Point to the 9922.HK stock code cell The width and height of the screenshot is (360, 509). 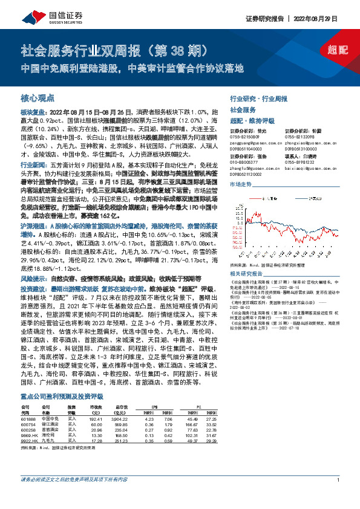28,425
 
